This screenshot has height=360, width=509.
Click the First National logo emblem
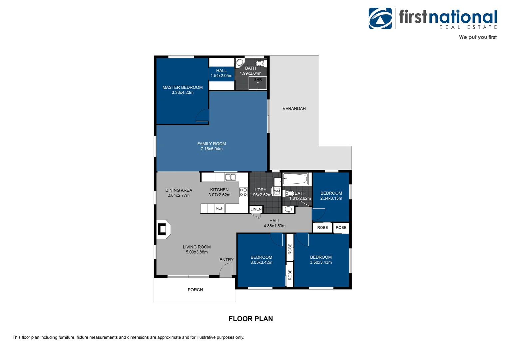point(380,18)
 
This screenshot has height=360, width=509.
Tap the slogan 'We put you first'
point(477,37)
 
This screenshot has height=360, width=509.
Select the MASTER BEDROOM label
point(183,87)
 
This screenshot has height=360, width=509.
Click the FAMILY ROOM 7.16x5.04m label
point(212,146)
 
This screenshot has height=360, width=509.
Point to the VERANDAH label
point(294,109)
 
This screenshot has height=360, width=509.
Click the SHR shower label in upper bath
point(258,80)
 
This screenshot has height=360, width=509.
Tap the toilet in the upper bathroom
point(260,63)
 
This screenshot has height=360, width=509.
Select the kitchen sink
point(231,177)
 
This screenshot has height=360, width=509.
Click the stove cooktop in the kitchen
point(243,192)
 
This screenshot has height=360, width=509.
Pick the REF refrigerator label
point(219,208)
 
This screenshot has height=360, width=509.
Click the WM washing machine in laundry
point(277,191)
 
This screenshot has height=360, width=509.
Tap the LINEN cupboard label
point(256,209)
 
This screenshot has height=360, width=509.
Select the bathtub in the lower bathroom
point(295,179)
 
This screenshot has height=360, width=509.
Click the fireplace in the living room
point(163,229)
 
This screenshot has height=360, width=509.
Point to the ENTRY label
point(226,260)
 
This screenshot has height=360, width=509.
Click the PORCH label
point(195,290)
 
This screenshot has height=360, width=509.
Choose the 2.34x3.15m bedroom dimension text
point(331,198)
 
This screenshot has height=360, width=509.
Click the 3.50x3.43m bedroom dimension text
point(321,262)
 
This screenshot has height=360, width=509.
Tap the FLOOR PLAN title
point(251,319)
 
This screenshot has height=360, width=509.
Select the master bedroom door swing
point(202,115)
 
